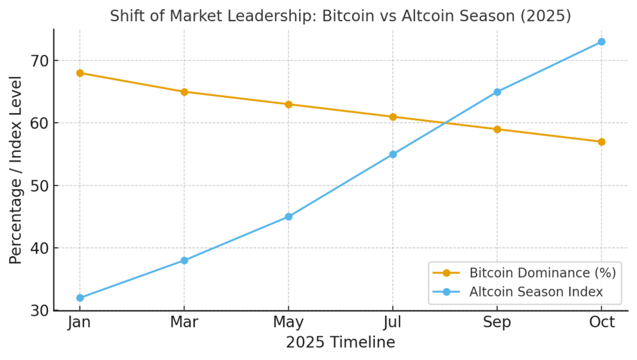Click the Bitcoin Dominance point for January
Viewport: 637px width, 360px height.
click(80, 73)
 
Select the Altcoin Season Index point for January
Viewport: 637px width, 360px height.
click(80, 298)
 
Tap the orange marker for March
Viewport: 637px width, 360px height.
click(184, 92)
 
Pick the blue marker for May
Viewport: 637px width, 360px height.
click(289, 216)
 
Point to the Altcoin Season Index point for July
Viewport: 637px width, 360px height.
click(393, 154)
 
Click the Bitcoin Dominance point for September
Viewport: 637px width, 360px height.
click(497, 129)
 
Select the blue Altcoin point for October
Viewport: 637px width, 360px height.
click(602, 42)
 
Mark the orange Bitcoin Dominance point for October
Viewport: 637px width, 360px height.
click(602, 142)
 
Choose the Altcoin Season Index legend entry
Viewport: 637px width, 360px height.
click(536, 291)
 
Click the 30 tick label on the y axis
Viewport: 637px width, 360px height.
click(39, 310)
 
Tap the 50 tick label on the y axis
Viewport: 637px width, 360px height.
click(39, 186)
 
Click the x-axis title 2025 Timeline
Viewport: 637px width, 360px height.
click(340, 343)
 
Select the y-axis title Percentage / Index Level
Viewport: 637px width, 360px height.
click(16, 170)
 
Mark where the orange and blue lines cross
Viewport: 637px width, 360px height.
click(445, 123)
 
